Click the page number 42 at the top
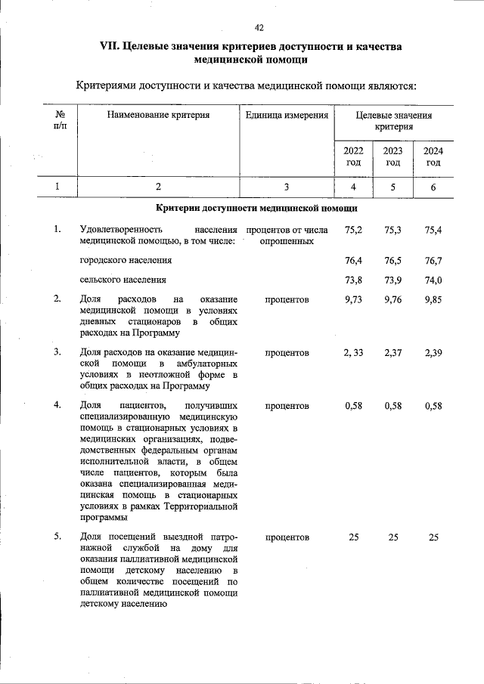[x=259, y=28]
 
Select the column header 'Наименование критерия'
[x=158, y=116]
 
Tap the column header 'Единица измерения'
[x=287, y=116]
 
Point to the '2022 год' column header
[x=353, y=156]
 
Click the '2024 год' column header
[x=433, y=156]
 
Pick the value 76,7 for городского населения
[x=433, y=260]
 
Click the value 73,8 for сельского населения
[x=353, y=280]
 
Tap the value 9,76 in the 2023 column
[x=393, y=300]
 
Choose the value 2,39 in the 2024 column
[x=433, y=353]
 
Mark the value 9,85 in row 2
[x=433, y=300]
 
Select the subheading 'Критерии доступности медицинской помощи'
[x=256, y=208]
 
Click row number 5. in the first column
[x=57, y=537]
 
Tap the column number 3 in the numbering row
[x=287, y=187]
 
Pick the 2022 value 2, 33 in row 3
[x=352, y=353]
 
